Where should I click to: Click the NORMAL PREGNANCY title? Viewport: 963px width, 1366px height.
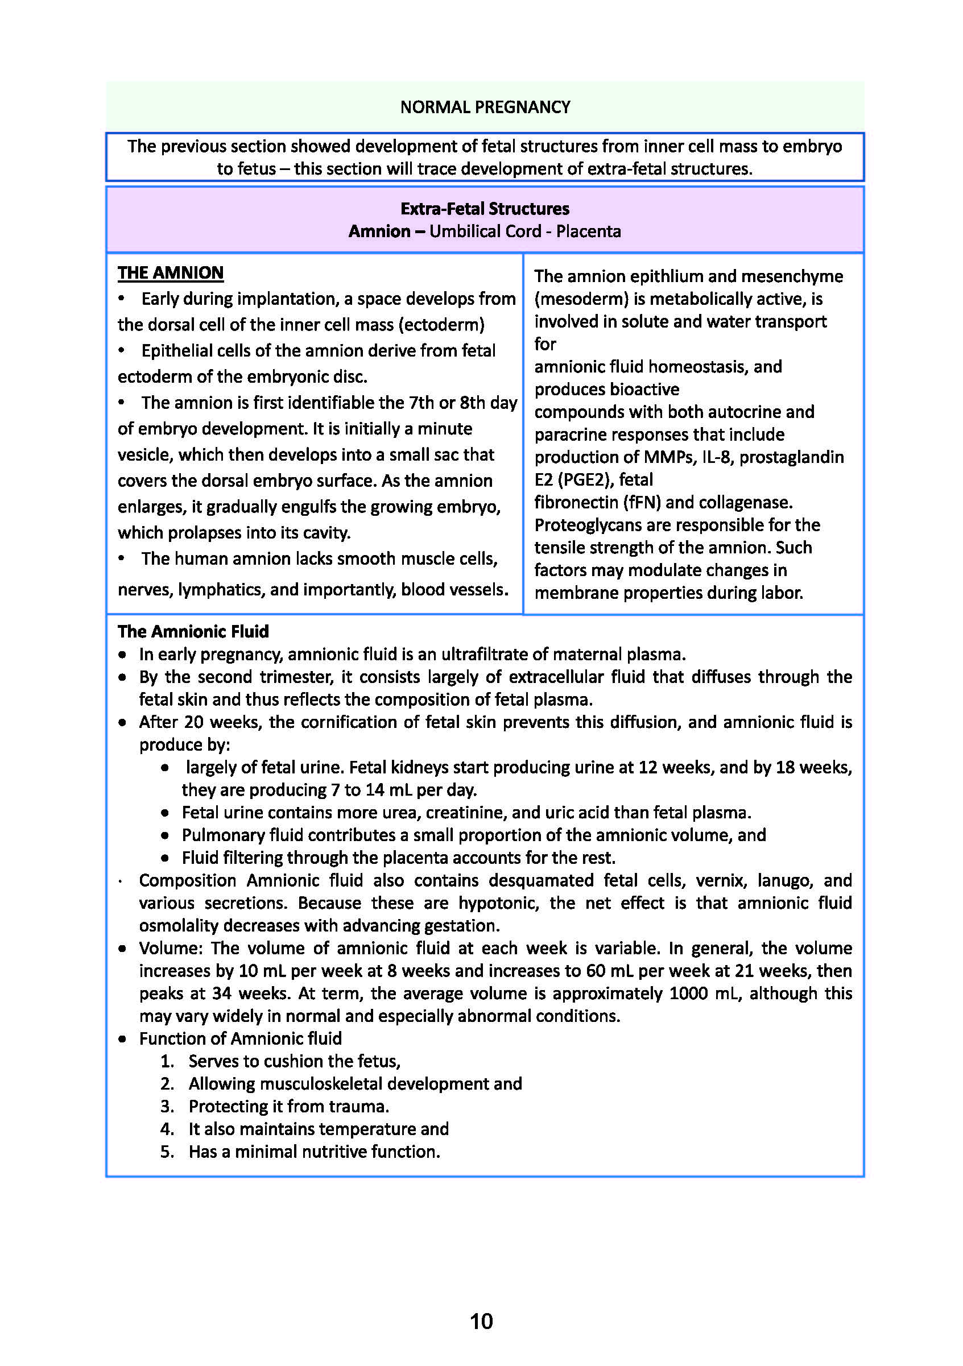tap(485, 107)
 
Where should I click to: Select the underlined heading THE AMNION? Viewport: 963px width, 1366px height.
tap(170, 272)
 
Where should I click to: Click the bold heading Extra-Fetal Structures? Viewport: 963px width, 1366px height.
tap(485, 209)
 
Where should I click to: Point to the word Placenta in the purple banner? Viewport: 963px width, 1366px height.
tap(588, 231)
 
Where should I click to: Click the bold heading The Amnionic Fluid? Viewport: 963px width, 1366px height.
tap(193, 631)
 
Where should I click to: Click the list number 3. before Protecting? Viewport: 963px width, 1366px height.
tap(167, 1107)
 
